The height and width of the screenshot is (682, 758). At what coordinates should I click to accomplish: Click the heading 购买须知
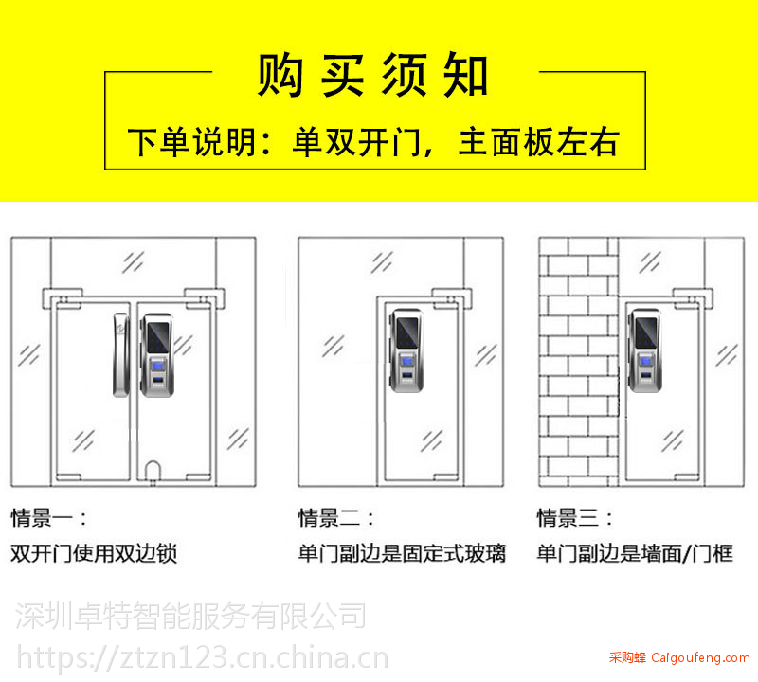(372, 75)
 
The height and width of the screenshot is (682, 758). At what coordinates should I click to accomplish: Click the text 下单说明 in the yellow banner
(191, 142)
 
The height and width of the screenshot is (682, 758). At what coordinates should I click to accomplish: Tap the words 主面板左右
(538, 142)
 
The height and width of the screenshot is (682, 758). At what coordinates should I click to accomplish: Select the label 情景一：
(49, 518)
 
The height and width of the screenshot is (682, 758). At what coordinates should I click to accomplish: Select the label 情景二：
(336, 518)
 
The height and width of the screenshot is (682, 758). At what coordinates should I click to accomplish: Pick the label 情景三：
(575, 518)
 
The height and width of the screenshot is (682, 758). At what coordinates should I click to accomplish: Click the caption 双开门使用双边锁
(94, 553)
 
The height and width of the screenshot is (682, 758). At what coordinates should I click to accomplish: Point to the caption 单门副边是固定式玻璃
(402, 553)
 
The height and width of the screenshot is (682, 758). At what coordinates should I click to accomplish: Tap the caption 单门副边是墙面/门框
(635, 553)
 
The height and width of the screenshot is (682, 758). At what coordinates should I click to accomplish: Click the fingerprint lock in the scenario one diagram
(156, 355)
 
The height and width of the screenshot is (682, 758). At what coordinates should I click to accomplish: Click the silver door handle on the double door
(121, 355)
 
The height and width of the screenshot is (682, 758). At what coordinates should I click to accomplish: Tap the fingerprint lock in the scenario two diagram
(406, 350)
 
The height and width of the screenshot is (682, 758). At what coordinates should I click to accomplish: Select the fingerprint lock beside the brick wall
(645, 350)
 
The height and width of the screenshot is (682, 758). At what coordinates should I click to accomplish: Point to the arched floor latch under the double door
(153, 471)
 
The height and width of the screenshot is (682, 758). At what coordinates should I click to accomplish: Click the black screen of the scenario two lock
(407, 332)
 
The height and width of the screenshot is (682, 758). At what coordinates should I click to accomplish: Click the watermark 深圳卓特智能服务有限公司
(190, 616)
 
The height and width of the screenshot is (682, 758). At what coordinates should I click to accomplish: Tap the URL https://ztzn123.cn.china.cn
(203, 657)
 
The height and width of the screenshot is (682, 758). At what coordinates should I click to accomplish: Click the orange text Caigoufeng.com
(700, 657)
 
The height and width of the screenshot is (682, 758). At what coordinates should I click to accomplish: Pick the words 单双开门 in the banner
(357, 142)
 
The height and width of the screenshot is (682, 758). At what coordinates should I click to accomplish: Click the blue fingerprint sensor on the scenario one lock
(157, 365)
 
